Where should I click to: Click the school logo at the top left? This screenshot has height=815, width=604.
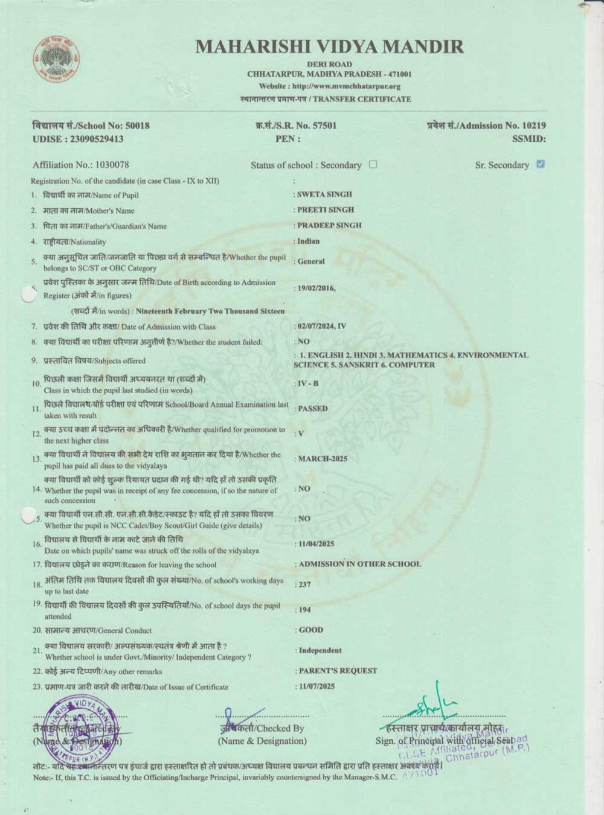(56, 59)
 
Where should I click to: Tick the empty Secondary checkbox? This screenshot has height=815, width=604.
(373, 164)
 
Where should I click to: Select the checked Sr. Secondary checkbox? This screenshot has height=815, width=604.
(541, 164)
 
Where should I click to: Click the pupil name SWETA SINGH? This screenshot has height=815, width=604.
(324, 194)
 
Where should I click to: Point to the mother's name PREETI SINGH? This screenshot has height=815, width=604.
(326, 210)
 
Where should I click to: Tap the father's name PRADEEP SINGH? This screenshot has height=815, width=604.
(329, 225)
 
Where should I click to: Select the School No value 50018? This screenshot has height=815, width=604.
(137, 126)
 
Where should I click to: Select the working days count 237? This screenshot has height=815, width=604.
(304, 584)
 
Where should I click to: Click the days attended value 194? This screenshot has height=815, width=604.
(304, 610)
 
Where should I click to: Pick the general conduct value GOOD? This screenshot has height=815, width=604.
(311, 630)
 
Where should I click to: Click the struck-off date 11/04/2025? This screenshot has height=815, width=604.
(316, 544)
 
